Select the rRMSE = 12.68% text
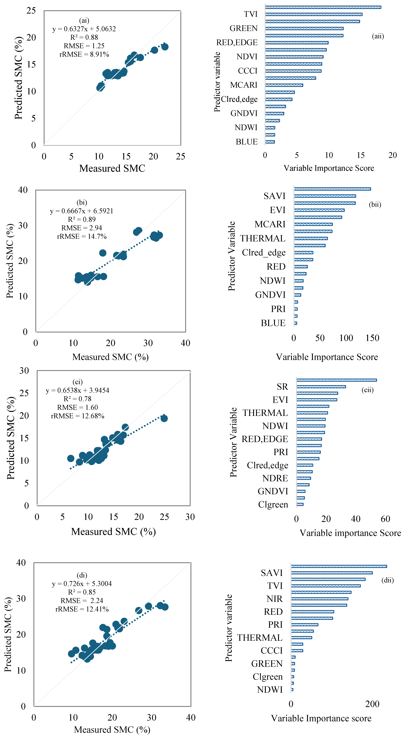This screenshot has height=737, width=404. coord(78,416)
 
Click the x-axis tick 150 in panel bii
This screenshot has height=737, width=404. coord(372,338)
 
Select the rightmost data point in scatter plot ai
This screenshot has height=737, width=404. coord(165,47)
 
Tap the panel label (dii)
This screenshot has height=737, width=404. coord(387,580)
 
